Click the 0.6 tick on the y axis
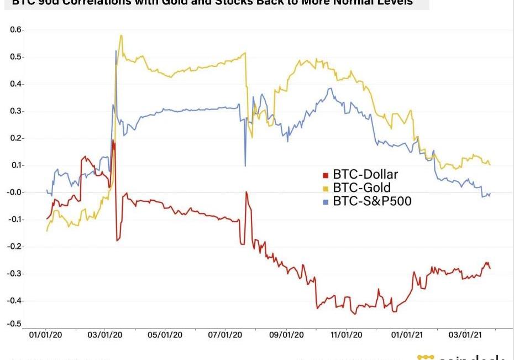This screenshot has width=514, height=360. point(15,29)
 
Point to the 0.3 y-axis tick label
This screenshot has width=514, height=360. point(15,111)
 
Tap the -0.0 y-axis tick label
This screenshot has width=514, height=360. point(14,192)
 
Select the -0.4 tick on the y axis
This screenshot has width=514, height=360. point(14,301)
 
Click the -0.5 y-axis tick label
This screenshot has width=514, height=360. point(14,324)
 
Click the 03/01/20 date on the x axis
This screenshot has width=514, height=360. point(104,335)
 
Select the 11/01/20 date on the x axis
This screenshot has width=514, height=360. point(347,335)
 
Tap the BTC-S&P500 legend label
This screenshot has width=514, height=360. point(372,201)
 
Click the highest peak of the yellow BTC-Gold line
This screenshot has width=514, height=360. point(120,36)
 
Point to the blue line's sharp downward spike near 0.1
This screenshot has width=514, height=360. point(245,165)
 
